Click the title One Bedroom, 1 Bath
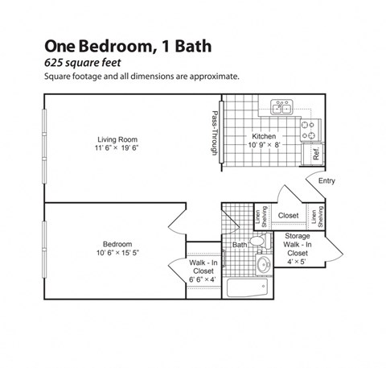coord(128,46)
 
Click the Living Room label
coord(116,138)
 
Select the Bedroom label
coord(117,244)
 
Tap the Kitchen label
coord(265,136)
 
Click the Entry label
coord(326,180)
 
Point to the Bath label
coord(240,244)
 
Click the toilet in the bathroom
coord(257,242)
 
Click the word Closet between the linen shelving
coord(288,216)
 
